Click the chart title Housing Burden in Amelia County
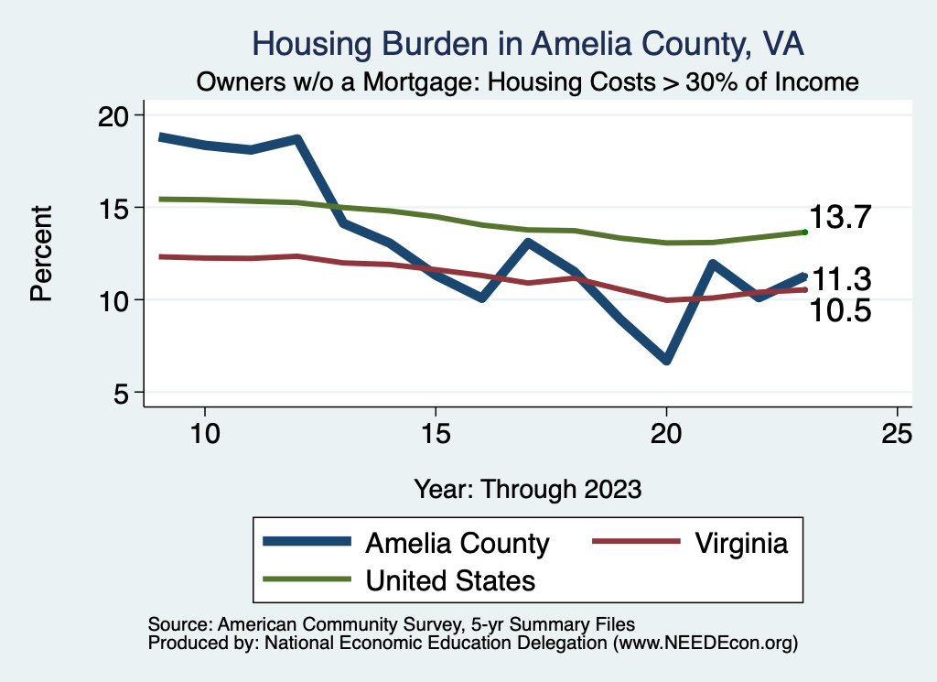528,44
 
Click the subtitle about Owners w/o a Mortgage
528,81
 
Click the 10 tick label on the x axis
204,434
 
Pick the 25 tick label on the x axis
897,434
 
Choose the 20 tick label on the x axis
666,434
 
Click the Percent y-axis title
41,254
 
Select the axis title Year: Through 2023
528,488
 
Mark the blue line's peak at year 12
296,139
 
